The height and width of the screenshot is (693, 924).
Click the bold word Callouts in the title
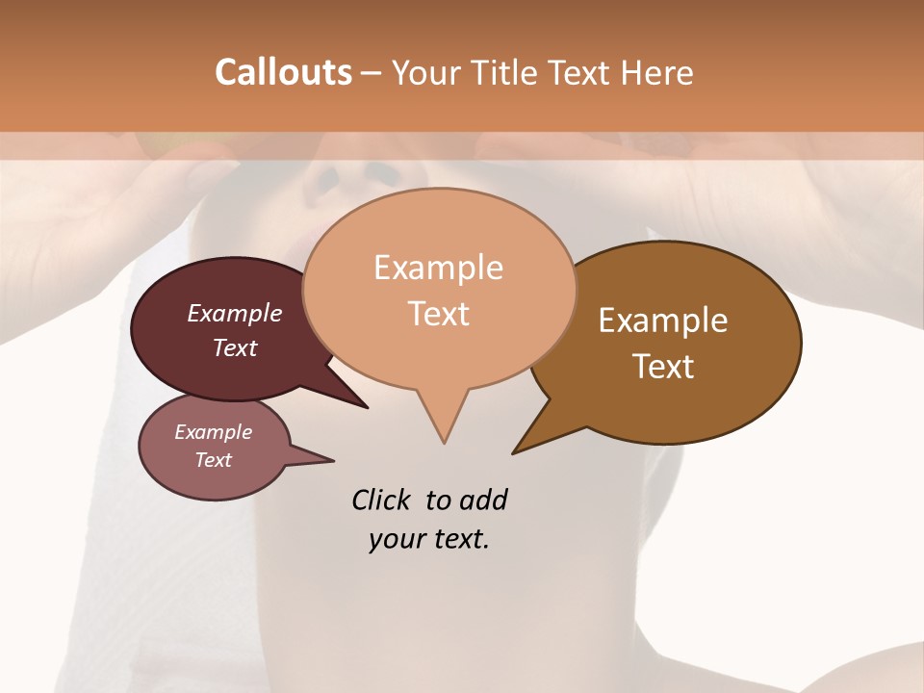(283, 73)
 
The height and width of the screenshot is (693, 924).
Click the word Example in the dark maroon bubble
(234, 313)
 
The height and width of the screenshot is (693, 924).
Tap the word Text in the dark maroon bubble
(234, 347)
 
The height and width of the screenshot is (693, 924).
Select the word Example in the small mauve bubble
(213, 432)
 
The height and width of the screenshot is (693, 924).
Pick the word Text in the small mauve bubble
(213, 460)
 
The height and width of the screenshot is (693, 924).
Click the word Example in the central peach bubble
(438, 268)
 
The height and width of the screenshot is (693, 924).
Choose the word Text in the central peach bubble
(438, 314)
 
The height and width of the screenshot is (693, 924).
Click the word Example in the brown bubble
(663, 321)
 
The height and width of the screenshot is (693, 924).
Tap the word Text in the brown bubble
(663, 367)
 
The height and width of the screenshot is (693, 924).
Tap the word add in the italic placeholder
(483, 500)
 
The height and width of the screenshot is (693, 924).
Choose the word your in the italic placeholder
(396, 539)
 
